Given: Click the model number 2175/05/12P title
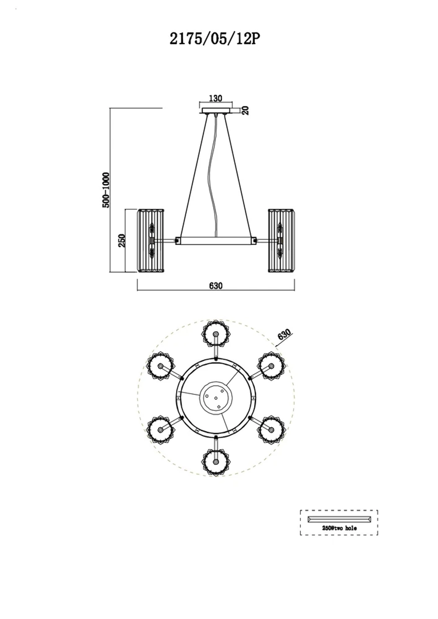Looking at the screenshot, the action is point(215,39).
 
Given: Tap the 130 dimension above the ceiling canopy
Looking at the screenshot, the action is point(215,98).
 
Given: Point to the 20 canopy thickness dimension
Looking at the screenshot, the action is point(246,110).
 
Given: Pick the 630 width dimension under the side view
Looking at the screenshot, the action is point(216,286).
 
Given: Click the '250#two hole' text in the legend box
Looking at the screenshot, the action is point(339,528).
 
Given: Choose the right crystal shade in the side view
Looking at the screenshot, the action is point(282,241).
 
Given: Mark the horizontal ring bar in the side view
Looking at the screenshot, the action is point(216,241).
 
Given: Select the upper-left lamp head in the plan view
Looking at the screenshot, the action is point(161,366).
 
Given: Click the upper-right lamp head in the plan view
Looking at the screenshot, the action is point(271,366).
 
